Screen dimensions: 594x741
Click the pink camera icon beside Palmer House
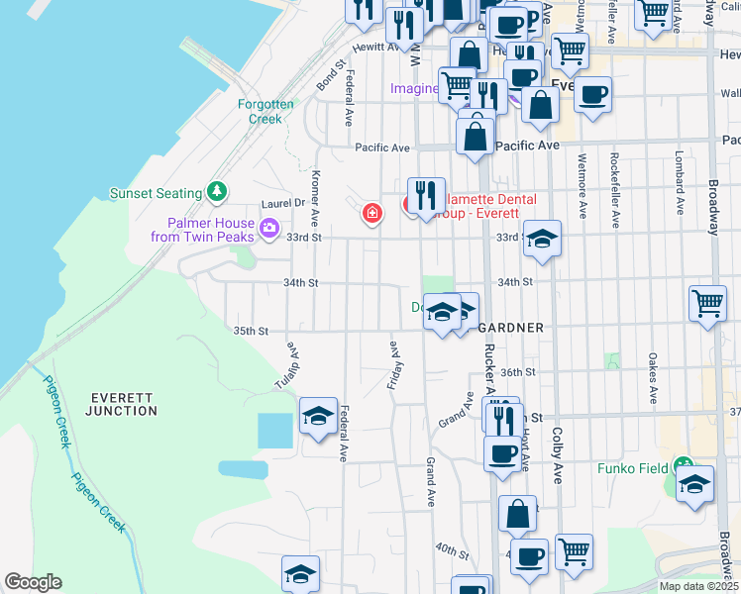(x=268, y=231)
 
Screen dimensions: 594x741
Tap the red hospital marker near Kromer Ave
(x=372, y=212)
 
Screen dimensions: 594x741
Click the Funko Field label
(x=631, y=467)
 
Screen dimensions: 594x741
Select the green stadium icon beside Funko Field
(x=683, y=465)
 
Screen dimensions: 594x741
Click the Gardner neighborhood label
(x=511, y=328)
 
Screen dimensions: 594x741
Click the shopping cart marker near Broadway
(x=707, y=303)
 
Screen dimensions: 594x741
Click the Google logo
(x=33, y=582)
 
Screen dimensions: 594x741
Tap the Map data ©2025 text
(x=697, y=586)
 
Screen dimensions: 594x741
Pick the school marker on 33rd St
(x=541, y=239)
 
